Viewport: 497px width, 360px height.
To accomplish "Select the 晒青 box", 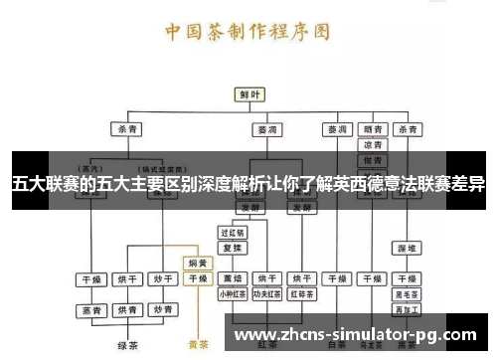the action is coord(373,129).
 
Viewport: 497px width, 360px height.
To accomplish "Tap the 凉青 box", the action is coord(373,145).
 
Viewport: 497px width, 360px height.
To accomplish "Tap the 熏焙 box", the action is coord(232,279).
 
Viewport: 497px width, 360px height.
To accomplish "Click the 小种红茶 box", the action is coord(232,294).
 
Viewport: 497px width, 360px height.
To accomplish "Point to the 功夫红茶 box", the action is coord(266,294).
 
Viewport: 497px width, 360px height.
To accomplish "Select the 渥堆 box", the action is coord(406,247).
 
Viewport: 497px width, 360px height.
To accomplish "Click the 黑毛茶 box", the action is coord(406,294).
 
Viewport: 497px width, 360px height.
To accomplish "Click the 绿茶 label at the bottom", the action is coord(126,346).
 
